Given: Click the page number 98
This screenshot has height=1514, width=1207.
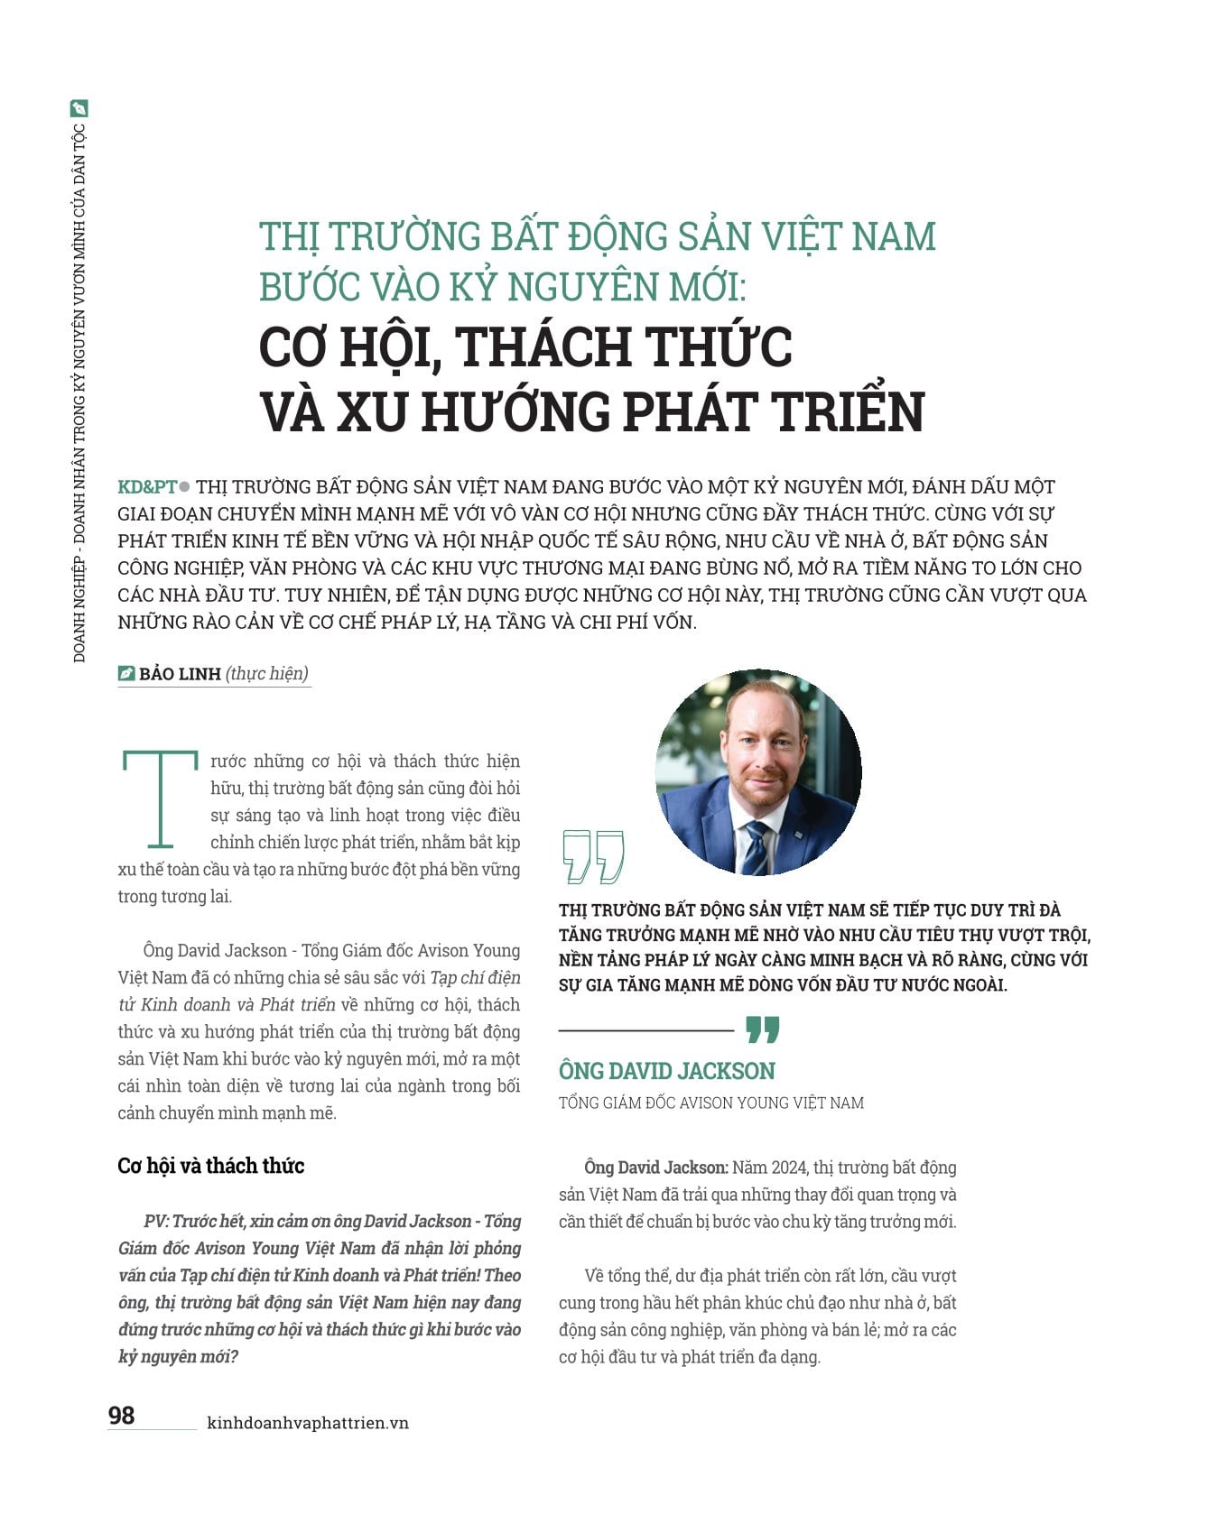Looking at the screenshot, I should (x=121, y=1415).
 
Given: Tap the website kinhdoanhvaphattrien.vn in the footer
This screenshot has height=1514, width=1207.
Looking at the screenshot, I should (x=308, y=1423).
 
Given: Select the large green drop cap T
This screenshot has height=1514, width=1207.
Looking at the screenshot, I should (x=160, y=799).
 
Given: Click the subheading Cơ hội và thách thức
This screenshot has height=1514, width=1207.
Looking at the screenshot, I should (x=210, y=1166).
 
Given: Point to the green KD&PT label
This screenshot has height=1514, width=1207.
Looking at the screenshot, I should (x=147, y=487).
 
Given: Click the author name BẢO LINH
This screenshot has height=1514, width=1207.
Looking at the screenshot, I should (x=180, y=674).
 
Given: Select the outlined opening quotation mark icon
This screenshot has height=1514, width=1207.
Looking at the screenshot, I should (x=592, y=856).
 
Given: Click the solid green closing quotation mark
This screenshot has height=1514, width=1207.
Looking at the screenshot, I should (x=762, y=1029).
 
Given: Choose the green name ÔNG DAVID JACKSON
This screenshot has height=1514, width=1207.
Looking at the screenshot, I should (x=666, y=1071).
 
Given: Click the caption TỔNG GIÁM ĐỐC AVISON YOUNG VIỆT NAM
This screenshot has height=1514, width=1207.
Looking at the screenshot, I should (x=710, y=1103).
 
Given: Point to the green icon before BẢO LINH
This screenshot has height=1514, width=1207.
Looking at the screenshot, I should (x=126, y=674).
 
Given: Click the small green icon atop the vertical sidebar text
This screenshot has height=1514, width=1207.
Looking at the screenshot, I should (x=79, y=108).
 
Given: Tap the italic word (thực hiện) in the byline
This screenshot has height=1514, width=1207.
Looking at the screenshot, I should (x=266, y=674).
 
